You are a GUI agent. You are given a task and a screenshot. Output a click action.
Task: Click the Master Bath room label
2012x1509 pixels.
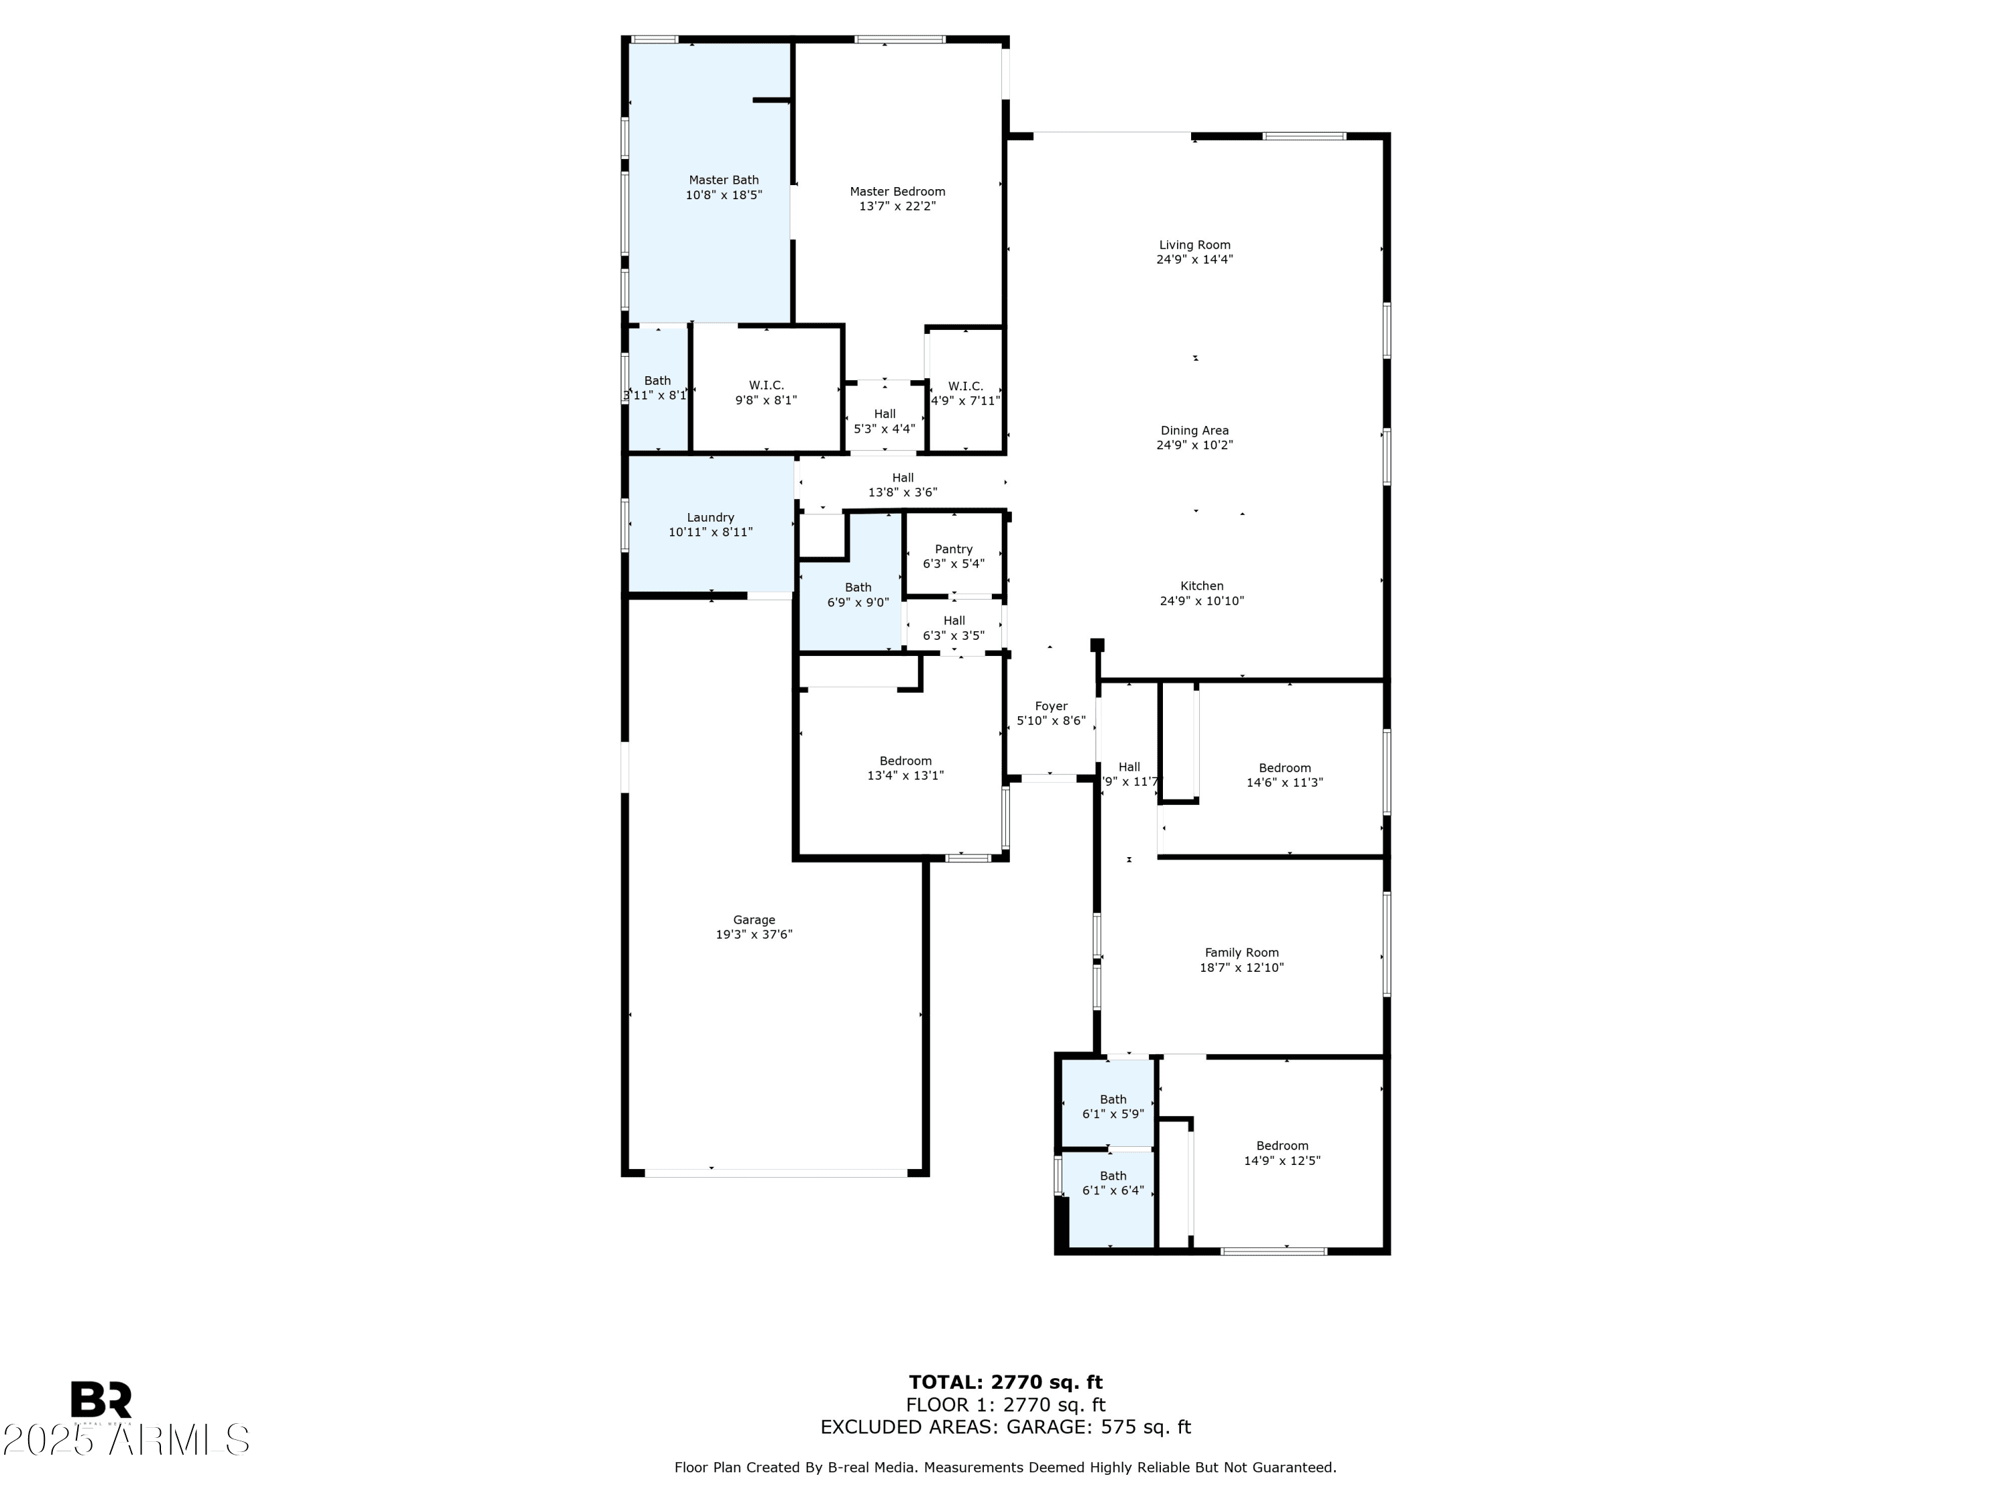(x=723, y=180)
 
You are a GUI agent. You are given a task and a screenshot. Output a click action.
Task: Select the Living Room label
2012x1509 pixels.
(x=1194, y=245)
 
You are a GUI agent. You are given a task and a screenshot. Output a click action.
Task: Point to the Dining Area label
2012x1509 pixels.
(x=1194, y=431)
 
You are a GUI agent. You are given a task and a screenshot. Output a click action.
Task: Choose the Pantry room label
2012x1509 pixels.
(x=953, y=549)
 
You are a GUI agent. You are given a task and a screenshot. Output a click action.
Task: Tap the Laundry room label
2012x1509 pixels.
(x=710, y=518)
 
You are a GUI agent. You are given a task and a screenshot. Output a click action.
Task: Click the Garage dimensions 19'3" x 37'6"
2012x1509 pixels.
(x=753, y=934)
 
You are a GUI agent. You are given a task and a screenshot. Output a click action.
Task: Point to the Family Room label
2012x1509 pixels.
(x=1241, y=952)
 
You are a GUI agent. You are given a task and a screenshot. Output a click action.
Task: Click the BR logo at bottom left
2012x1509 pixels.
(x=101, y=1400)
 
